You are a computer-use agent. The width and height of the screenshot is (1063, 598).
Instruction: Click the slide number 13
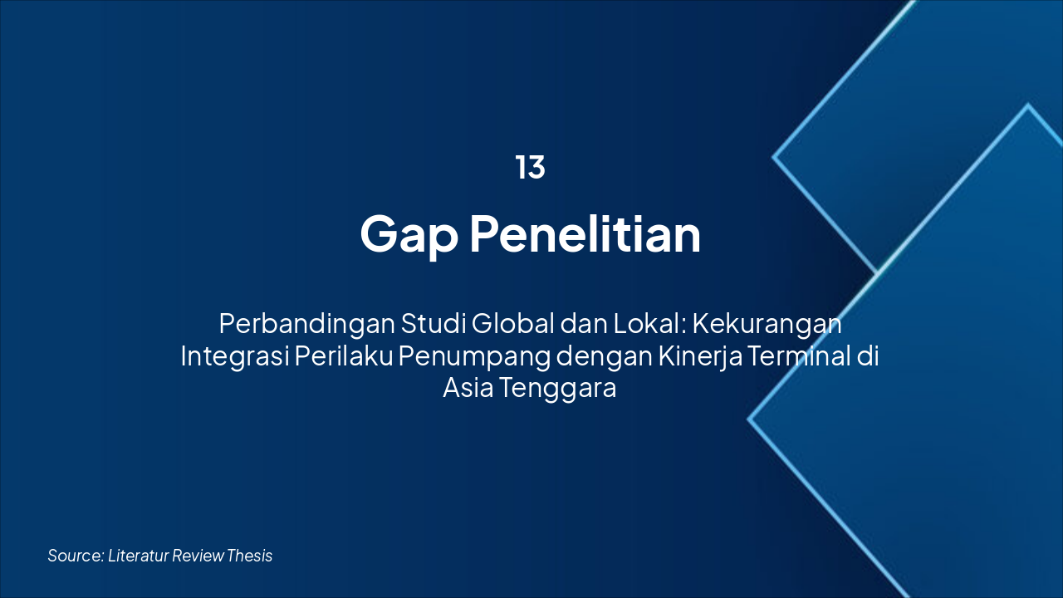click(x=530, y=168)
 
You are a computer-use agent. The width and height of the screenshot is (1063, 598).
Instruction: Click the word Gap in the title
click(x=409, y=235)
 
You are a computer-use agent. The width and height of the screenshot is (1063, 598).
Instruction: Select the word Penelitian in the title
click(x=585, y=235)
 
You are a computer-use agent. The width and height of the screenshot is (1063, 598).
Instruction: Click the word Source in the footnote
click(x=75, y=556)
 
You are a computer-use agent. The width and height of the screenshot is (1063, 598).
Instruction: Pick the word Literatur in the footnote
click(x=138, y=556)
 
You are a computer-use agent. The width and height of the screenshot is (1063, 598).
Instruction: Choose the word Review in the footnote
click(x=198, y=556)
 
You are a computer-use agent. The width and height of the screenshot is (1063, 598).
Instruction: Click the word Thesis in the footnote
click(x=250, y=556)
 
